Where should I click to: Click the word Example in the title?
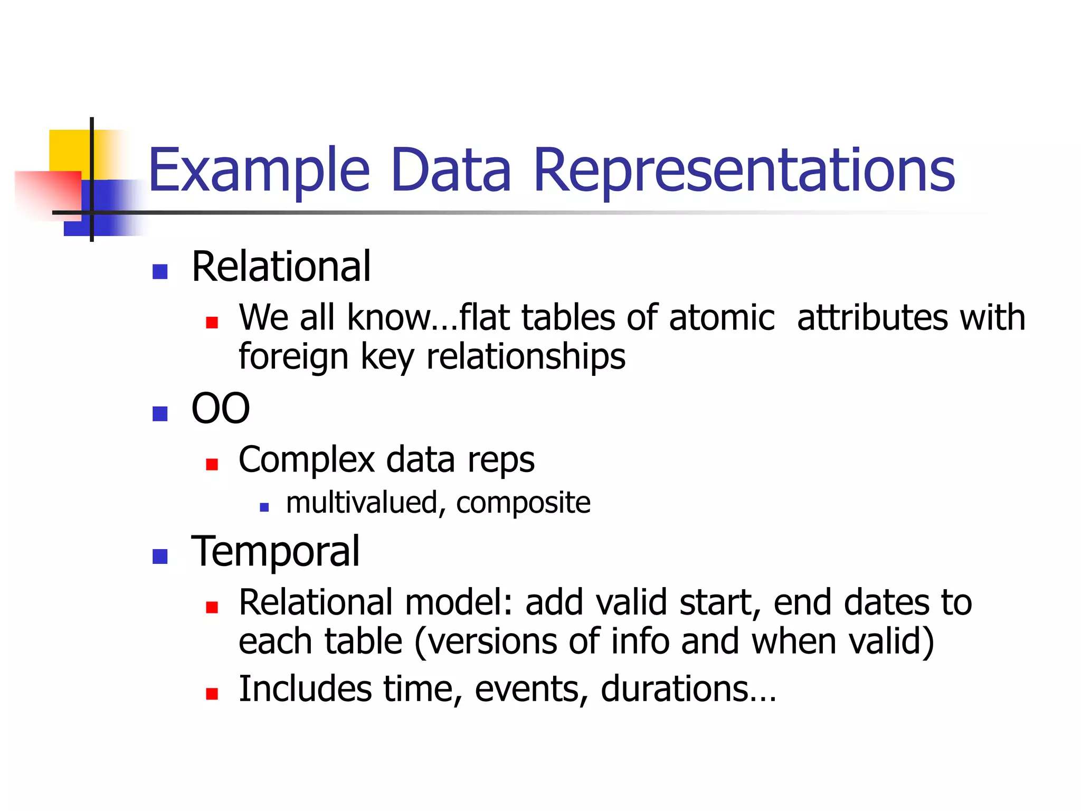pyautogui.click(x=259, y=170)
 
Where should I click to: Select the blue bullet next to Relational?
pyautogui.click(x=160, y=271)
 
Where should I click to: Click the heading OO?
pyautogui.click(x=220, y=409)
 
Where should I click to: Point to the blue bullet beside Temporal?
pyautogui.click(x=160, y=556)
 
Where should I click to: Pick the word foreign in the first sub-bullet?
pyautogui.click(x=293, y=357)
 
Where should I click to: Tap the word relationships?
pyautogui.click(x=526, y=357)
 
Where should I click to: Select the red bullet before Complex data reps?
pyautogui.click(x=212, y=464)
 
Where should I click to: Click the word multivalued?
pyautogui.click(x=362, y=502)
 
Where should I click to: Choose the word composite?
pyautogui.click(x=523, y=503)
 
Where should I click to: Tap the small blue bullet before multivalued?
pyautogui.click(x=264, y=507)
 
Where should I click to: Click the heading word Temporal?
pyautogui.click(x=275, y=551)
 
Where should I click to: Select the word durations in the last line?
pyautogui.click(x=675, y=689)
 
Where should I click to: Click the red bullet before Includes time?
pyautogui.click(x=212, y=693)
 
